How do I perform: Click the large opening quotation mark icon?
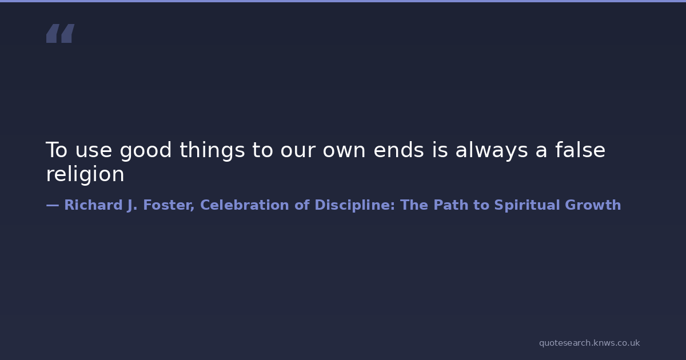click(61, 33)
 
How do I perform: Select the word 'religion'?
click(85, 174)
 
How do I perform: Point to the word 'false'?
click(580, 150)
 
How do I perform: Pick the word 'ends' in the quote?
click(399, 150)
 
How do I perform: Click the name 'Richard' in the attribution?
click(93, 205)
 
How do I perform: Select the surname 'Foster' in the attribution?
click(169, 205)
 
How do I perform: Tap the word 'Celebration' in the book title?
click(245, 205)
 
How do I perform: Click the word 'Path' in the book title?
click(451, 205)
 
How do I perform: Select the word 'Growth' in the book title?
click(593, 205)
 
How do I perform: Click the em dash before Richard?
click(53, 205)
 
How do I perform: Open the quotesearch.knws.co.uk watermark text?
click(589, 343)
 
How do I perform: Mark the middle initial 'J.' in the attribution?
click(132, 205)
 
